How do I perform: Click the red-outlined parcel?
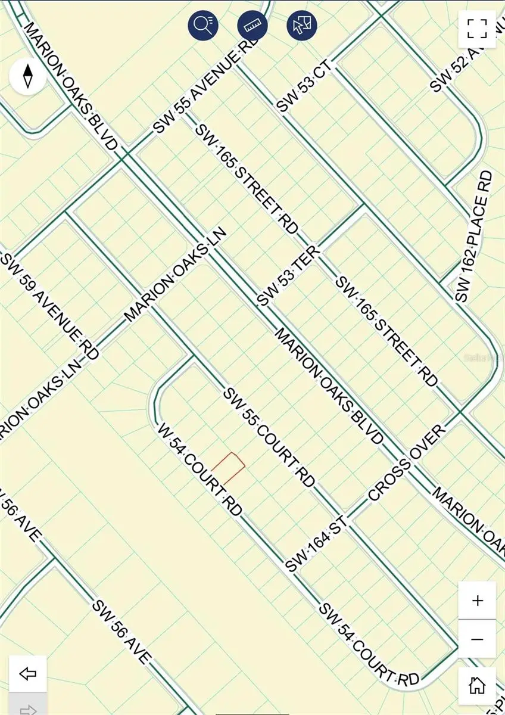[229, 468]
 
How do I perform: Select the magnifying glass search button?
[203, 25]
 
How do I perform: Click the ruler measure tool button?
[252, 25]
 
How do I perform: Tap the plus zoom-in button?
[477, 600]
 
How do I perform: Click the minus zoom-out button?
[477, 639]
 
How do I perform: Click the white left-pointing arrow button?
[28, 674]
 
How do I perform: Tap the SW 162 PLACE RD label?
[475, 236]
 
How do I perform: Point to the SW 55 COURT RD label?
[269, 438]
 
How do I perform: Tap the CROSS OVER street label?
[407, 463]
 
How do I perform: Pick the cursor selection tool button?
[301, 25]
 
